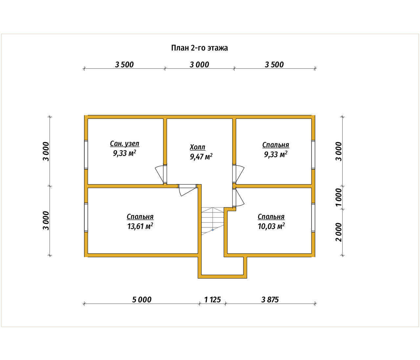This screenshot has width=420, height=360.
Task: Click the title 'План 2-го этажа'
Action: click(x=199, y=48)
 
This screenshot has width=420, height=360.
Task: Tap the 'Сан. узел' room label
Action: click(x=125, y=144)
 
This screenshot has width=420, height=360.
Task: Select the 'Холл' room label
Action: click(x=198, y=147)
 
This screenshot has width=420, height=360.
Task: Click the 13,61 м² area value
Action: click(x=140, y=226)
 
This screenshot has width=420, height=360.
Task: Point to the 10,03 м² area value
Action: click(x=271, y=226)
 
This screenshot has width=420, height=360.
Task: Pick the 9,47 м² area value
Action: click(x=201, y=157)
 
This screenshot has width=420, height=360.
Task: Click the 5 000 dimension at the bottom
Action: click(x=142, y=300)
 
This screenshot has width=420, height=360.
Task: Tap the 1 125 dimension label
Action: click(x=212, y=300)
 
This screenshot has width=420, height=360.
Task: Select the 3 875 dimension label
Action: click(x=270, y=300)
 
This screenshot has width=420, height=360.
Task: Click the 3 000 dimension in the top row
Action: click(x=199, y=65)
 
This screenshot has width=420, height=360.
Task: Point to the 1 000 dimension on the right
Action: click(x=339, y=197)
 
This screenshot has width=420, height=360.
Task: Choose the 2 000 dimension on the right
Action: click(x=339, y=232)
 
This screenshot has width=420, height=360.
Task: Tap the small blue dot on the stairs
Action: click(x=213, y=230)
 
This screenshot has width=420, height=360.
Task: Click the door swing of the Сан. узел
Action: click(x=160, y=174)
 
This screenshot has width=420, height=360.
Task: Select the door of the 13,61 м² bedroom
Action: click(x=188, y=190)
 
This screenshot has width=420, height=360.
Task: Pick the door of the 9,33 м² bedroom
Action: click(x=239, y=174)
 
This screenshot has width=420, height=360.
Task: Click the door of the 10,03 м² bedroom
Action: click(x=239, y=198)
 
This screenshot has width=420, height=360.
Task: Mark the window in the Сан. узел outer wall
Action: click(x=86, y=155)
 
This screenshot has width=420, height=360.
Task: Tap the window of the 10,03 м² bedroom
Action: click(x=313, y=218)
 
